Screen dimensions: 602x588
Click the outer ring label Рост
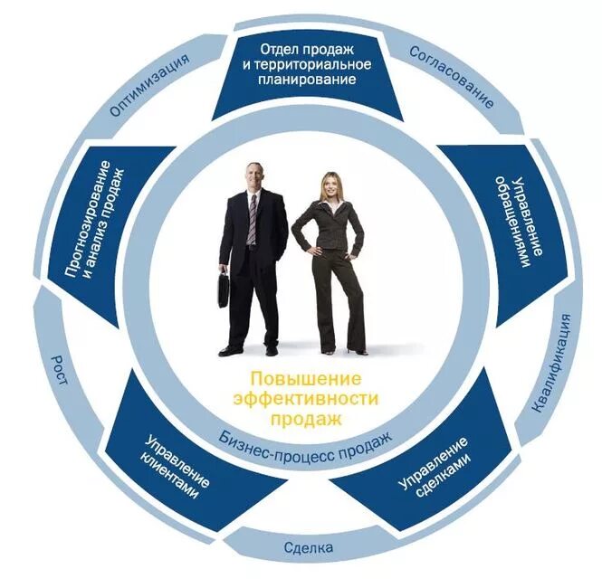62,370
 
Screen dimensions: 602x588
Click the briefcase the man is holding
222,289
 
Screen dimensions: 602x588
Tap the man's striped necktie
252,218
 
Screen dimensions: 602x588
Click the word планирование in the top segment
303,79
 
